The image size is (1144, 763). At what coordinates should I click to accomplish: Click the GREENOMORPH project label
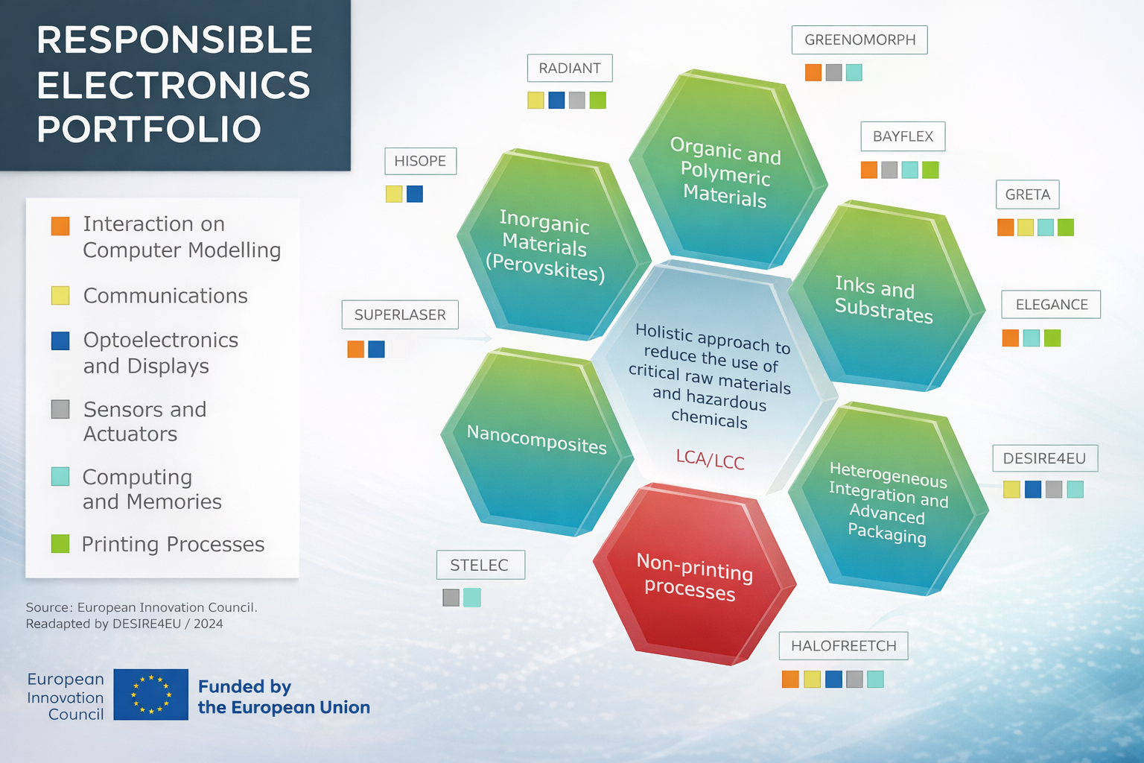point(859,39)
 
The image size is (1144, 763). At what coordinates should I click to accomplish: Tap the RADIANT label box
point(570,68)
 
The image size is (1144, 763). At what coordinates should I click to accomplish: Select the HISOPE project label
point(420,161)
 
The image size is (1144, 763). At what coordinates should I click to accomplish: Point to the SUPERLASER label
point(400,314)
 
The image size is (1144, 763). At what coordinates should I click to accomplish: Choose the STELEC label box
point(480,565)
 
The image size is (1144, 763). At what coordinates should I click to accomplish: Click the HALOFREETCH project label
point(844,646)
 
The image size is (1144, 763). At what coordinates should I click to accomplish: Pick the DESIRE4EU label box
point(1045,458)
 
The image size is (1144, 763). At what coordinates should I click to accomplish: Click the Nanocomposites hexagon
point(537,442)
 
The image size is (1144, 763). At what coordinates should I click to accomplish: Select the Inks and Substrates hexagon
point(886,297)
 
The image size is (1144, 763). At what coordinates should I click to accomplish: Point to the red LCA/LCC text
point(710,459)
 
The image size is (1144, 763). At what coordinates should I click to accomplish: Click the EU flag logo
point(150,694)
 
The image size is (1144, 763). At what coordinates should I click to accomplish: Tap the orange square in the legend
point(60,226)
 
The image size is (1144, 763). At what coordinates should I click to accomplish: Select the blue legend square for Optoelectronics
point(60,341)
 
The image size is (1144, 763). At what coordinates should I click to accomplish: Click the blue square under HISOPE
point(415,194)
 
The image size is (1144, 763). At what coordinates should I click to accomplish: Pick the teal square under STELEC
point(472,598)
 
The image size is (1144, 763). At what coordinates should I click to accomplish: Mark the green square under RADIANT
point(597,100)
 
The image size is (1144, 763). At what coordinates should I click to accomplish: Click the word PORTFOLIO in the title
point(149,128)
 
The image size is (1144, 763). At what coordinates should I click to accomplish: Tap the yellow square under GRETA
point(1026,227)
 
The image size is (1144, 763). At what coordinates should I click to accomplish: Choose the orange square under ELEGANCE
point(1010,338)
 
